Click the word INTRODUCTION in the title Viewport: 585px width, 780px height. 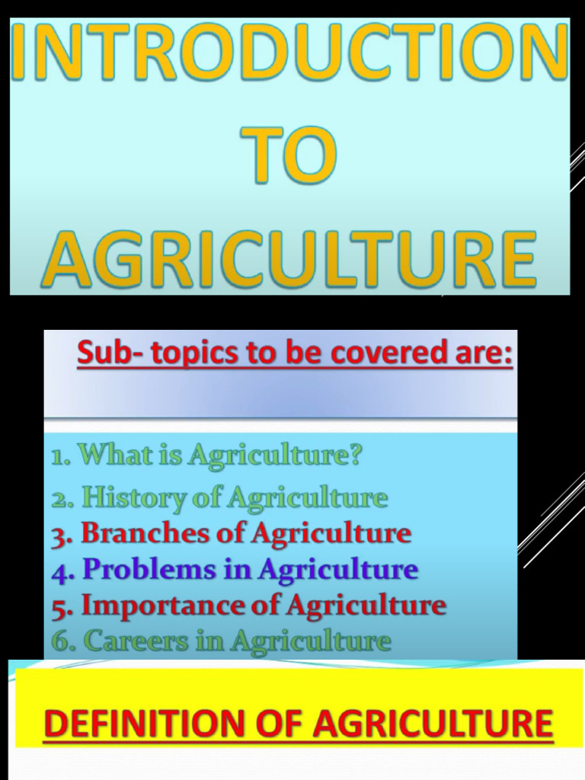click(289, 55)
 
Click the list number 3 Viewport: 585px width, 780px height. click(59, 535)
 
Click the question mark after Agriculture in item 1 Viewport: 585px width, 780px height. click(354, 456)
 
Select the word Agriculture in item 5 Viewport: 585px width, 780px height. click(366, 606)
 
